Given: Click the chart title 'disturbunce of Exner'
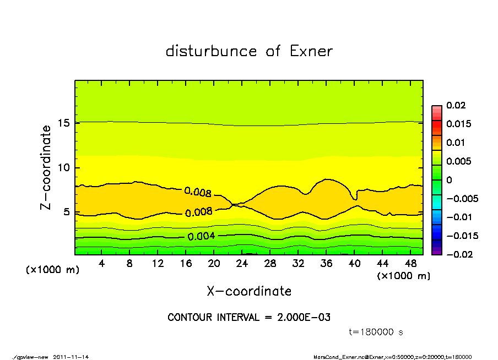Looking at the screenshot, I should [249, 51].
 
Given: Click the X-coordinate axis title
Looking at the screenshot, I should [249, 291].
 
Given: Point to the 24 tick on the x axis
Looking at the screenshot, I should [242, 264].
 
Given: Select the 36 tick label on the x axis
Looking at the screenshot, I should [326, 264].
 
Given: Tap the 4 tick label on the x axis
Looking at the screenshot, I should [102, 264].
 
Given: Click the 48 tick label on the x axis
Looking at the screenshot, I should [409, 264].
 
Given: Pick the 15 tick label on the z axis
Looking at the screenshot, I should [64, 123].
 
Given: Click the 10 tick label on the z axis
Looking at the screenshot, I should [64, 167].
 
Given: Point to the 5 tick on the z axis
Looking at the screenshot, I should [67, 212].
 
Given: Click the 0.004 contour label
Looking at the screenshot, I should [201, 237].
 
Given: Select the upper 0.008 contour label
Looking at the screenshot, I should [197, 192].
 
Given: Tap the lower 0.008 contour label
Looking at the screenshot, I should [199, 212].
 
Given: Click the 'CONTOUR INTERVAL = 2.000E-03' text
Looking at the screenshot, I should [249, 318].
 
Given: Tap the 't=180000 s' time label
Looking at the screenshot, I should [377, 332].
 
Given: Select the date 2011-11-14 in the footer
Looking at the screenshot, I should [71, 357].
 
